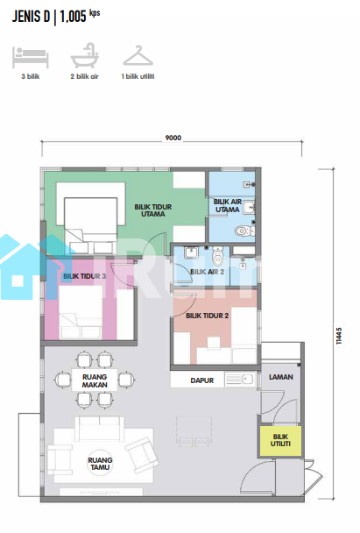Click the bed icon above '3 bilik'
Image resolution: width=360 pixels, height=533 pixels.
[31, 57]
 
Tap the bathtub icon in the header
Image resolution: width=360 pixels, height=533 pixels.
[85, 55]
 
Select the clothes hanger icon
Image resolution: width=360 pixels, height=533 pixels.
[138, 55]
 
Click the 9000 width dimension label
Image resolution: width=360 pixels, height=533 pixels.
[173, 138]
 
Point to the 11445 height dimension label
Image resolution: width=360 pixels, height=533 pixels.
[339, 336]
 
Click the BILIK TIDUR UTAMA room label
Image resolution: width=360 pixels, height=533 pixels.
[152, 210]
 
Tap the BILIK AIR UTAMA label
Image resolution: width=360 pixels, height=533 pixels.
[228, 206]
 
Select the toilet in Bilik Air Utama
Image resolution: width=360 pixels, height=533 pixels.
[245, 231]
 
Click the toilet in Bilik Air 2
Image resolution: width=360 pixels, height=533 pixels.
[218, 256]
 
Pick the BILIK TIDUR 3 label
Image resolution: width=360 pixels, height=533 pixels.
[85, 276]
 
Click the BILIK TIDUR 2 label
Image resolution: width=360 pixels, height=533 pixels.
[208, 316]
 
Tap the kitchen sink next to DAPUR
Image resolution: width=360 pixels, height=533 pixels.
[240, 379]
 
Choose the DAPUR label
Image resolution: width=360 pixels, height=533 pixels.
[202, 380]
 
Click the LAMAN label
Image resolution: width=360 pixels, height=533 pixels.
[281, 377]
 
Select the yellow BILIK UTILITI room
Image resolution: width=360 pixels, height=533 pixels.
[280, 440]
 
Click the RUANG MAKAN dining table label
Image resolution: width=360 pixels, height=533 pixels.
[95, 380]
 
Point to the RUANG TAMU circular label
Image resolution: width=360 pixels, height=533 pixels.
[100, 464]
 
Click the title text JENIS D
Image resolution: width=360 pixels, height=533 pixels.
[31, 17]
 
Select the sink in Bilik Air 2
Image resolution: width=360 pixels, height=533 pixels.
[191, 252]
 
